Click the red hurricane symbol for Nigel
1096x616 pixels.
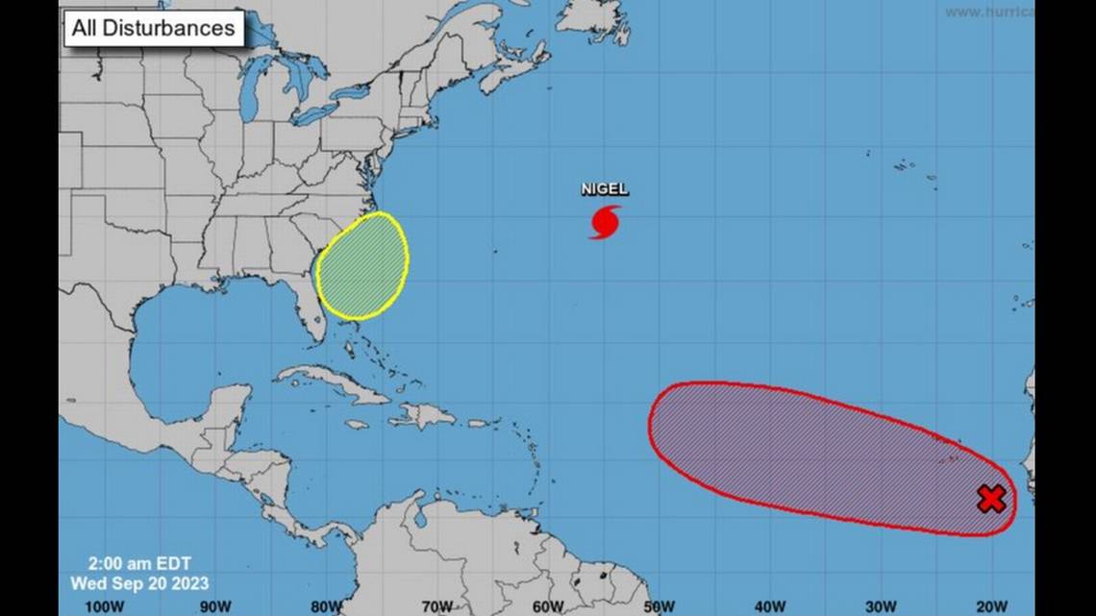coord(605,222)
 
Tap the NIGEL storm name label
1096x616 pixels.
coord(605,189)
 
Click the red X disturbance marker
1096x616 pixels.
coord(991,499)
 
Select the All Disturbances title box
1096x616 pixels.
coord(154,28)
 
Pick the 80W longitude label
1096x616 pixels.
coord(326,605)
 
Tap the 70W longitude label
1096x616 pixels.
coord(436,605)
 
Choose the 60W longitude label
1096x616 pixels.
coord(548,605)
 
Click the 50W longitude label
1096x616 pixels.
coord(659,605)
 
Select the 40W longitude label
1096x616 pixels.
coord(770,605)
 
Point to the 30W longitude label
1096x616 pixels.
coord(881,605)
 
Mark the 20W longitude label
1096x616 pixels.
coord(992,605)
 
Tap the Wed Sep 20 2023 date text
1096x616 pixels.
coord(139,582)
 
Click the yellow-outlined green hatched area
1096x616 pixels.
coord(362,265)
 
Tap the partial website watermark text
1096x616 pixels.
coord(988,12)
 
